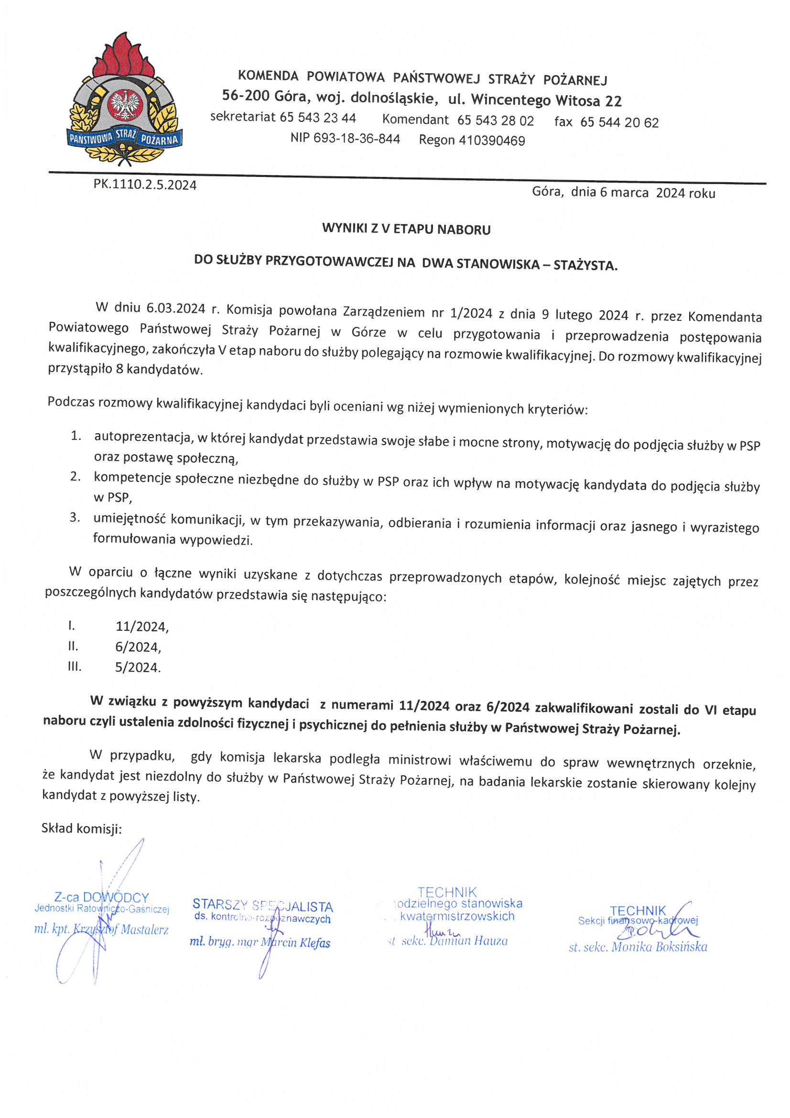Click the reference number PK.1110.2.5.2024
145,185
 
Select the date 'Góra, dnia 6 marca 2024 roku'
623,193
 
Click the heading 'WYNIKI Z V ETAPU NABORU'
406,230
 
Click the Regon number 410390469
492,141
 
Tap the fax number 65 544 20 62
619,122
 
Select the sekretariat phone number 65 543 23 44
317,118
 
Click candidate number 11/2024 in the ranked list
141,627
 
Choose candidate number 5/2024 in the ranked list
138,667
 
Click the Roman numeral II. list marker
73,646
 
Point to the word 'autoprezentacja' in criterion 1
143,437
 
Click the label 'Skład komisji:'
81,828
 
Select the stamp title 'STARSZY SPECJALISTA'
262,905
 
